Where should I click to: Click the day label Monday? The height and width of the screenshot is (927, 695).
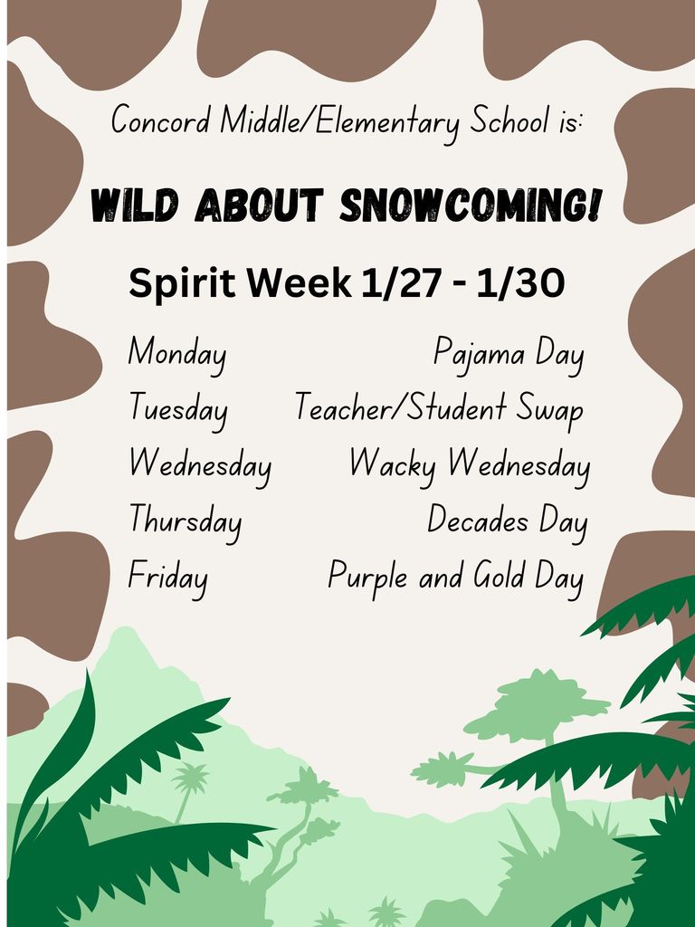point(176,352)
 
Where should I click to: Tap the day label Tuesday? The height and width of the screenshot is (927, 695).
point(177,409)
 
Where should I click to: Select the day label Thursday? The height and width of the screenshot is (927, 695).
point(185,521)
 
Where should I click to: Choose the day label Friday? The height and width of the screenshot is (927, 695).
point(167,577)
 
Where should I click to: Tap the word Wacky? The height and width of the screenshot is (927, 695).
point(392,466)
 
